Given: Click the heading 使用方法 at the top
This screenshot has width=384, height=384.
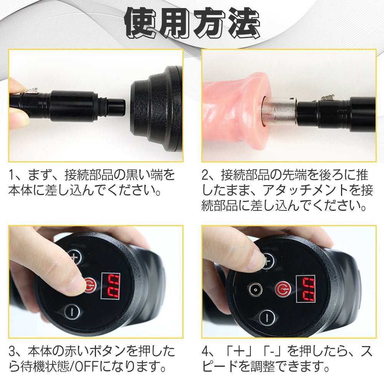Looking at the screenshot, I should pos(192,24).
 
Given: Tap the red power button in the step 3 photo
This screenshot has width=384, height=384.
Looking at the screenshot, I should pos(89,285).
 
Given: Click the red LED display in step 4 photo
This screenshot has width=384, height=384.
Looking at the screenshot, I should pos(308,289).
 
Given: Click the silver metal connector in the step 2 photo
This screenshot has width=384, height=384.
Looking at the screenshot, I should pos(279,111).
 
